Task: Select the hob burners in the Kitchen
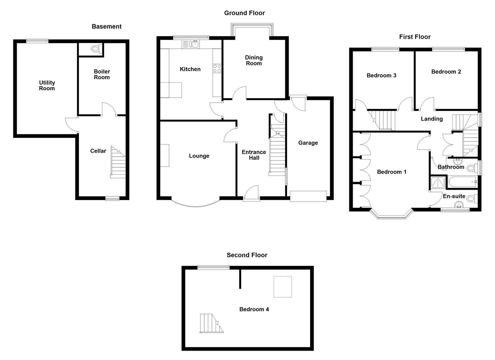point(217,68)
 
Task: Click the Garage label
point(308,143)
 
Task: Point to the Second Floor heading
point(247,255)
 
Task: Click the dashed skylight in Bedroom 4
point(283,287)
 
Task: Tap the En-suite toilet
point(471,199)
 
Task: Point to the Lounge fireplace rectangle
point(165,155)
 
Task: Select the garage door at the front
point(308,196)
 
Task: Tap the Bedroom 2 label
point(446,72)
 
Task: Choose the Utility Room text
point(47,85)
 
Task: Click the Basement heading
point(106,27)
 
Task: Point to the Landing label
point(431,119)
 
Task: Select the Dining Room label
point(254,60)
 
